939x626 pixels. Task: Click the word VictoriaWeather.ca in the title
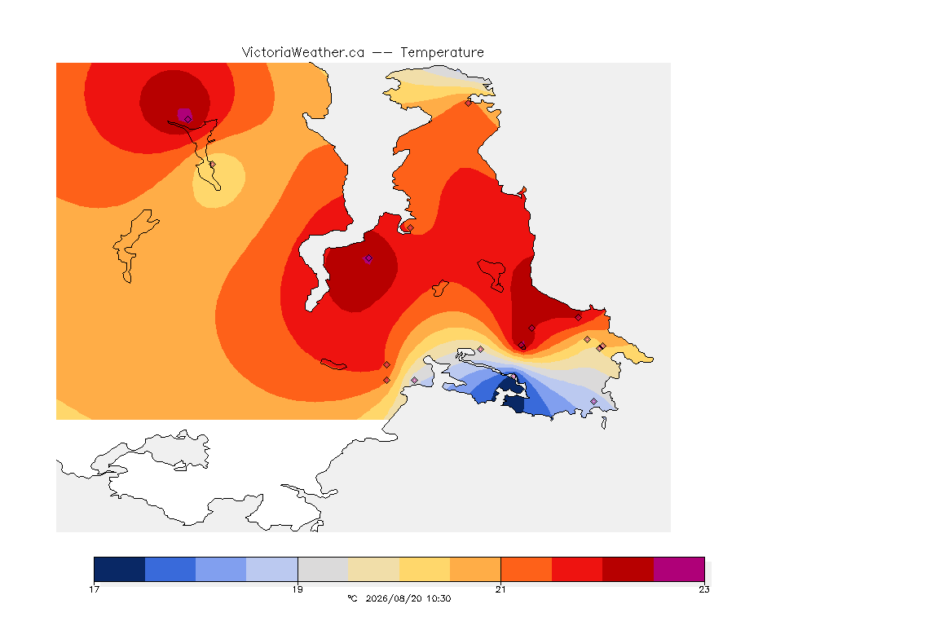(x=303, y=53)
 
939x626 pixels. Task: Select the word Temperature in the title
(x=442, y=53)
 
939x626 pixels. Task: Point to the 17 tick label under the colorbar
(x=94, y=589)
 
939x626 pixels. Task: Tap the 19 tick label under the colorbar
(x=298, y=589)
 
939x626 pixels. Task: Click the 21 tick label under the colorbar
(x=500, y=589)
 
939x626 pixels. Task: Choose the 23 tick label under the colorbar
(x=704, y=589)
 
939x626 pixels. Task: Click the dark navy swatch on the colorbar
(x=120, y=569)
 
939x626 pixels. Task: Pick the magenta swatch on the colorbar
(x=678, y=569)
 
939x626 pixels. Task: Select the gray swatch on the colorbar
(x=323, y=569)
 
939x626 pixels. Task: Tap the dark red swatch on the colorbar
(x=628, y=569)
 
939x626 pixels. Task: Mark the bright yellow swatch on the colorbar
(x=425, y=569)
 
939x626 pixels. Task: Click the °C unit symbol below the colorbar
(x=352, y=598)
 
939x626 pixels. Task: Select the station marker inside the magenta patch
(x=188, y=119)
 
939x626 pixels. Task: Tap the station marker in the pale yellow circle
(x=212, y=164)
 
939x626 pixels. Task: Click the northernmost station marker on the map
(x=469, y=103)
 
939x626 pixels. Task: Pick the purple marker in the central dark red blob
(x=368, y=258)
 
